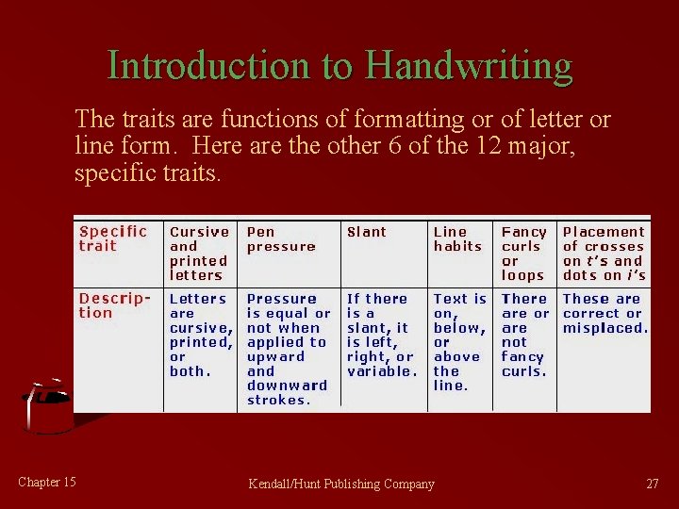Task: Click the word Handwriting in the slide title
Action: click(469, 66)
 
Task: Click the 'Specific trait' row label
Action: click(113, 238)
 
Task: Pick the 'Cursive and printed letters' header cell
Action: click(199, 253)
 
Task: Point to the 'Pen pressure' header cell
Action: click(281, 238)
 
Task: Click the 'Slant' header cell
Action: click(367, 232)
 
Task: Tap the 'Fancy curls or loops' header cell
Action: click(524, 253)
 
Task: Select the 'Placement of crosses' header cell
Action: click(604, 253)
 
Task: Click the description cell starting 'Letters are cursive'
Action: click(200, 335)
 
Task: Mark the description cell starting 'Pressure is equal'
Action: click(289, 349)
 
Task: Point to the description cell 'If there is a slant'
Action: click(381, 335)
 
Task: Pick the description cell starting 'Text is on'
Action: click(459, 341)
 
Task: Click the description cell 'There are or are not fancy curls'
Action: click(525, 335)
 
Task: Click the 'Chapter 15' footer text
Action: click(47, 483)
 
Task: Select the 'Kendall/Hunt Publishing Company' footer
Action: click(341, 484)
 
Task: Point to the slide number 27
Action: click(653, 484)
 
